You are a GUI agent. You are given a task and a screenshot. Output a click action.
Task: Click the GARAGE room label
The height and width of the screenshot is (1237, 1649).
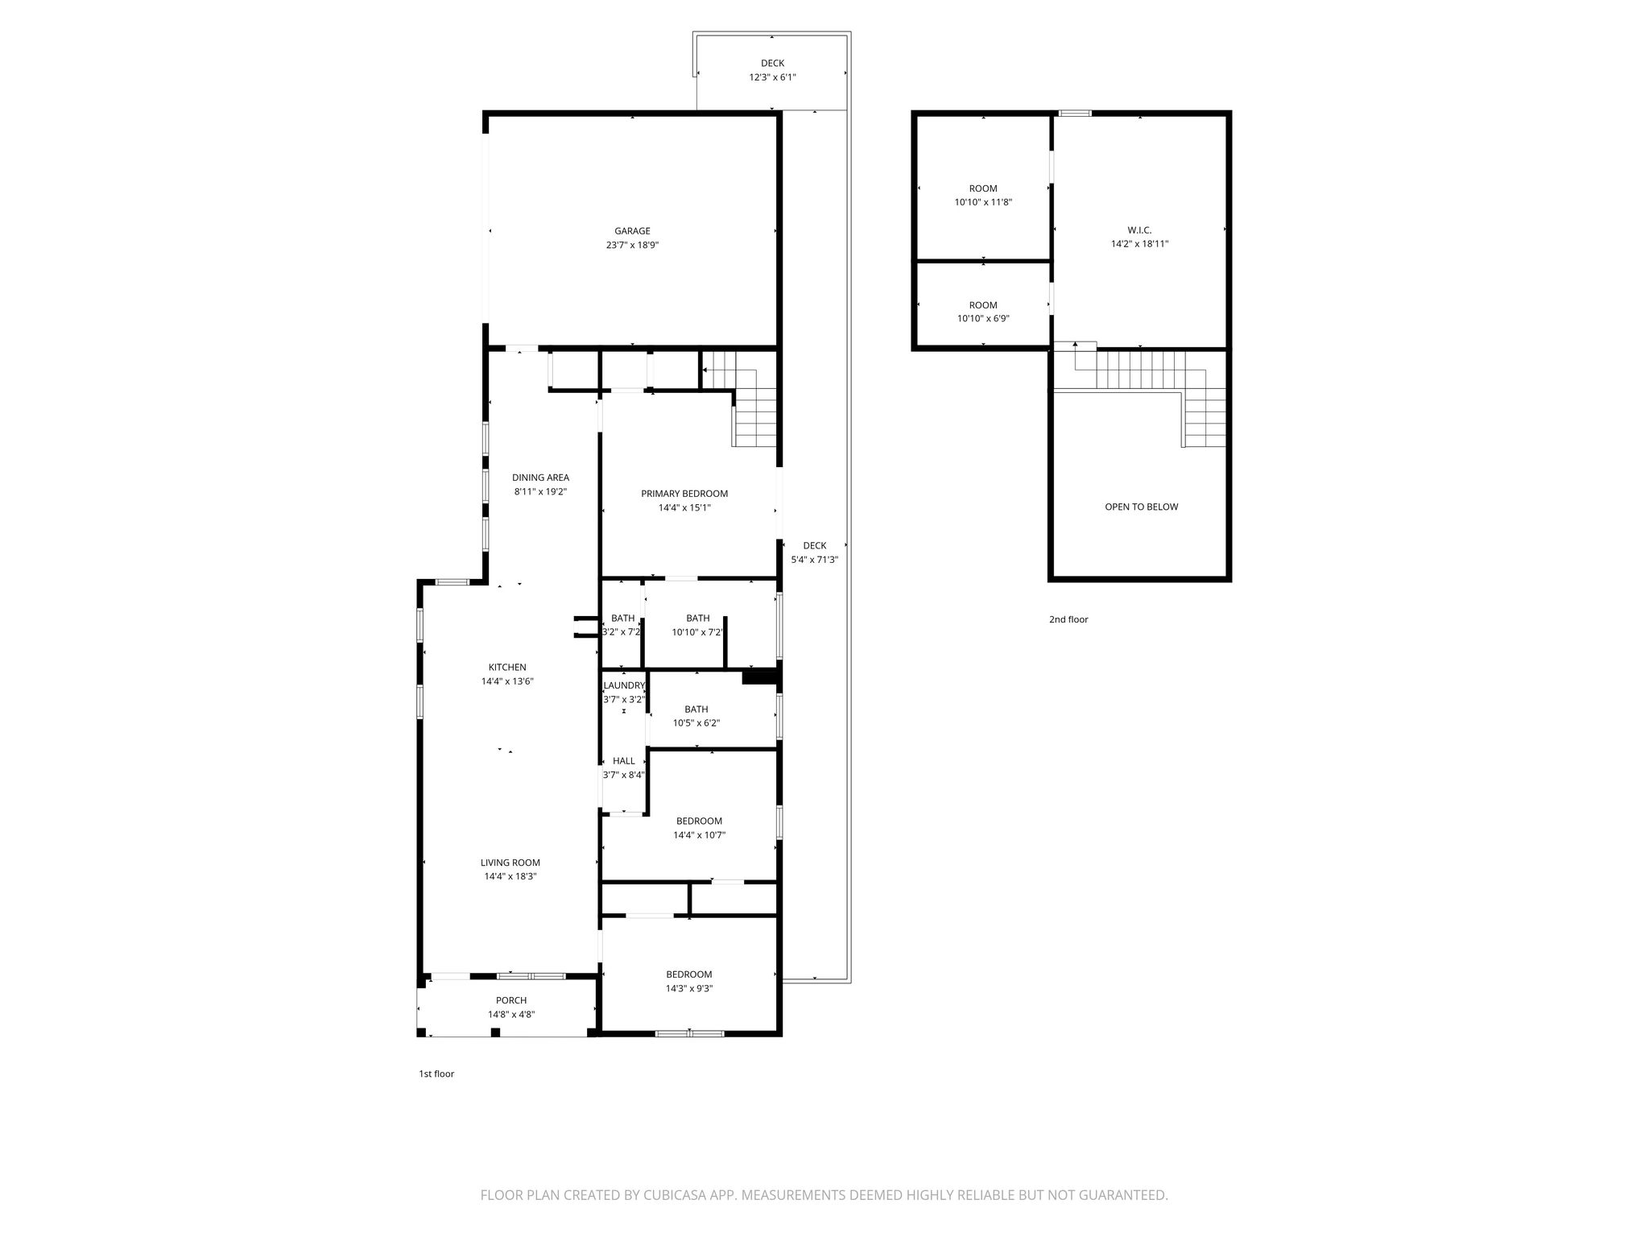[x=632, y=231]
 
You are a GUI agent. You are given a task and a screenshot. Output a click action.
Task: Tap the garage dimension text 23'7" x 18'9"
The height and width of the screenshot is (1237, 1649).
[x=632, y=245]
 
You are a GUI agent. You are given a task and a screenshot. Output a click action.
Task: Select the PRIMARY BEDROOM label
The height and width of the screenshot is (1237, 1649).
[x=684, y=494]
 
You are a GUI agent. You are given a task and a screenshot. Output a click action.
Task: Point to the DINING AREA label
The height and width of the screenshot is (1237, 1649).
[x=540, y=478]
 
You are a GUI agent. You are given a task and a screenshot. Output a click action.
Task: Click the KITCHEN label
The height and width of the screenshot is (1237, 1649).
[x=507, y=667]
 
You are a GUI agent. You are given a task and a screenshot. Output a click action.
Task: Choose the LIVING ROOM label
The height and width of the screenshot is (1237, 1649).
[x=510, y=863]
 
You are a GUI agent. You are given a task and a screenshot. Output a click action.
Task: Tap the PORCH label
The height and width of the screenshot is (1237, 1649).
[x=511, y=1000]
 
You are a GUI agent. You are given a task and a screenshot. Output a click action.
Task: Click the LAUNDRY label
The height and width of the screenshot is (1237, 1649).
[x=624, y=685]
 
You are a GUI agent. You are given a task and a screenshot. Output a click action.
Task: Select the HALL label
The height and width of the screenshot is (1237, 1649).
[x=624, y=760]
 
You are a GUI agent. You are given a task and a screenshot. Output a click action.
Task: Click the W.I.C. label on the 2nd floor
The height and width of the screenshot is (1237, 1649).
[x=1140, y=230]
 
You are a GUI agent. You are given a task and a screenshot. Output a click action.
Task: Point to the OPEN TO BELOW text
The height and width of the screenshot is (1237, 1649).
[x=1142, y=507]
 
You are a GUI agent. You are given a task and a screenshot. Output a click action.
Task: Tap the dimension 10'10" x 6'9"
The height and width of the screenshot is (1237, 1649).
[x=983, y=318]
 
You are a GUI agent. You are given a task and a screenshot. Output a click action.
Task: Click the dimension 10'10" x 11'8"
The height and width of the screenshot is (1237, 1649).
[x=983, y=202]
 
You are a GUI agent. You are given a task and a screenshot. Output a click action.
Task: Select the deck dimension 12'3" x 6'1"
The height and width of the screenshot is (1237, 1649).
[x=773, y=77]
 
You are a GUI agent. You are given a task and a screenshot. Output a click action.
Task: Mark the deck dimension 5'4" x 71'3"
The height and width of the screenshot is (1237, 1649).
[x=815, y=559]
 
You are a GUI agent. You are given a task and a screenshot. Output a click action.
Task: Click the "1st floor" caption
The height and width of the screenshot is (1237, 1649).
[x=436, y=1074]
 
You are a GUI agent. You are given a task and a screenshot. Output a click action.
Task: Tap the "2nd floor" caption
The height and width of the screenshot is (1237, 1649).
[x=1068, y=619]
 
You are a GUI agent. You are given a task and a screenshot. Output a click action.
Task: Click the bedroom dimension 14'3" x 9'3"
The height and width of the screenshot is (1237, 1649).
[x=689, y=988]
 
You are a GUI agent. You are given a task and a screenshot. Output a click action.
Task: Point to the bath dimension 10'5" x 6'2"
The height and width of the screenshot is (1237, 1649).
[x=696, y=722]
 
